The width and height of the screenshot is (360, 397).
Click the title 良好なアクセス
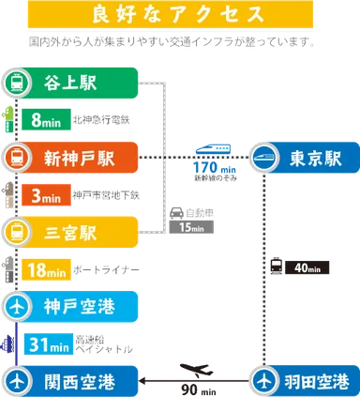tap(179, 15)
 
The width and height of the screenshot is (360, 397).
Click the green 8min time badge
tap(47, 119)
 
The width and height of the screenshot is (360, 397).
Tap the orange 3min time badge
tap(47, 196)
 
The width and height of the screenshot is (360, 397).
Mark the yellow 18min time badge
tap(47, 271)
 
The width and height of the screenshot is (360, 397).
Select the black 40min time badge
tap(306, 268)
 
